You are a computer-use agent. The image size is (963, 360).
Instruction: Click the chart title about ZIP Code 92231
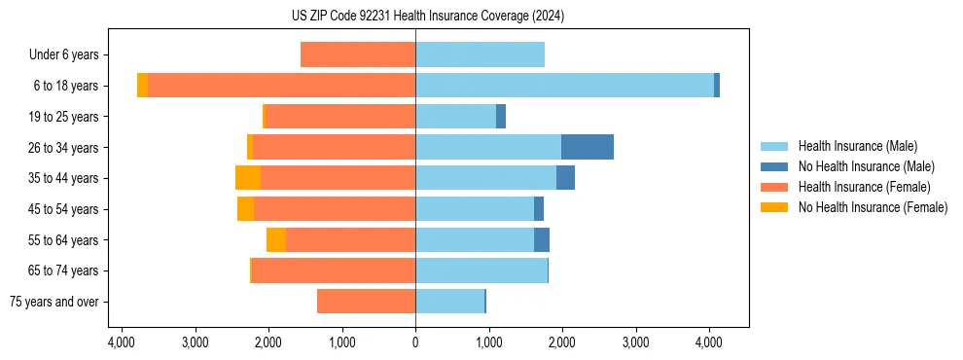[x=427, y=17]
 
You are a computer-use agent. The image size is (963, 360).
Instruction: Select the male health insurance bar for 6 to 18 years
[x=564, y=86]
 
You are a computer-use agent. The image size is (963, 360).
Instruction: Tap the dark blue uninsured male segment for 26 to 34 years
[x=588, y=147]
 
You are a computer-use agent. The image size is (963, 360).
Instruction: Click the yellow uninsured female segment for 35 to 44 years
[x=248, y=178]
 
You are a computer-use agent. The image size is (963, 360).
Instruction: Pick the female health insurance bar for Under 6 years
[x=358, y=54]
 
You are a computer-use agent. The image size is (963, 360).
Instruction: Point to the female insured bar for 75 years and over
[x=366, y=302]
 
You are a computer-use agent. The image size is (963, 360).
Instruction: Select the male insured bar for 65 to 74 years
[x=481, y=270]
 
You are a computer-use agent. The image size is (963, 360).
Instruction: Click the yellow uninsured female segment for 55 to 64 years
[x=276, y=239]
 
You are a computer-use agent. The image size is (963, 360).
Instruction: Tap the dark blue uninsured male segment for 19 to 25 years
[x=501, y=117]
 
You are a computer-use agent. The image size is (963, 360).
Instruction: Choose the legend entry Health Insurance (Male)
[x=857, y=146]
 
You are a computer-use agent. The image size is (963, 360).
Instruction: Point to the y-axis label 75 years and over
[x=54, y=302]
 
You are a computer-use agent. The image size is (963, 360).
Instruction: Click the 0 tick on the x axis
[x=415, y=342]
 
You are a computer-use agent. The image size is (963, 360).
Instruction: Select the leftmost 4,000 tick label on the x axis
[x=121, y=342]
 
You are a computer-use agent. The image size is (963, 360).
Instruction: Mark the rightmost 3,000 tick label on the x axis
[x=635, y=342]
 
